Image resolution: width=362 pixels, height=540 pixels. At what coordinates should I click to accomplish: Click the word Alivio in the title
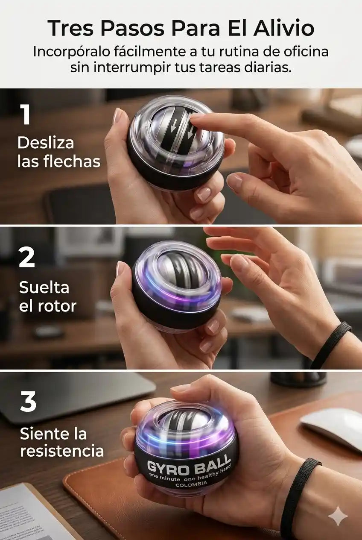(284, 29)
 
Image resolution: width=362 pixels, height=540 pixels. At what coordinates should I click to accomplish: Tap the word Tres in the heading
(70, 29)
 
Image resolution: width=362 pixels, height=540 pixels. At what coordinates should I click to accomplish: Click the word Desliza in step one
(46, 143)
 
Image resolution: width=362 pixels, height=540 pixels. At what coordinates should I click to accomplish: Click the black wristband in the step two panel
(331, 344)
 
